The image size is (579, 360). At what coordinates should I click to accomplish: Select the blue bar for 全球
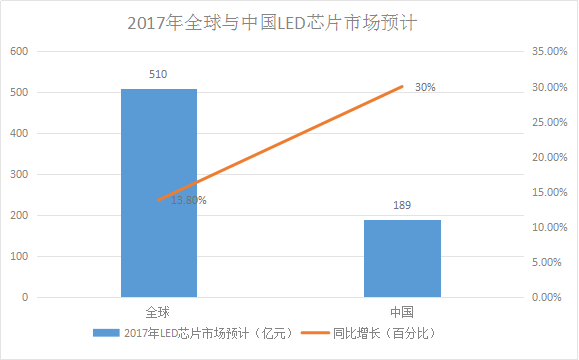pyautogui.click(x=159, y=192)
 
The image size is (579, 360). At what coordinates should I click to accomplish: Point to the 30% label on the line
pyautogui.click(x=425, y=88)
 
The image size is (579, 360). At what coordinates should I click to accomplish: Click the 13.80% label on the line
pyautogui.click(x=188, y=200)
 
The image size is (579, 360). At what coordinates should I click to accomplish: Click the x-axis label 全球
pyautogui.click(x=159, y=312)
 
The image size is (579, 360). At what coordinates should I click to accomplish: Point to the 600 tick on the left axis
pyautogui.click(x=20, y=51)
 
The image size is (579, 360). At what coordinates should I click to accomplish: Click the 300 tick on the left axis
pyautogui.click(x=20, y=175)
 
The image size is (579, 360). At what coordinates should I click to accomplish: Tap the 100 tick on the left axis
pyautogui.click(x=20, y=257)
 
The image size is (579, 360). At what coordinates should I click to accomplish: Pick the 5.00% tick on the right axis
pyautogui.click(x=547, y=262)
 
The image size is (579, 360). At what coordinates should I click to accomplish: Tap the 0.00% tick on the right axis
pyautogui.click(x=547, y=298)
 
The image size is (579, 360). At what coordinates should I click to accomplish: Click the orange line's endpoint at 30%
pyautogui.click(x=402, y=86)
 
